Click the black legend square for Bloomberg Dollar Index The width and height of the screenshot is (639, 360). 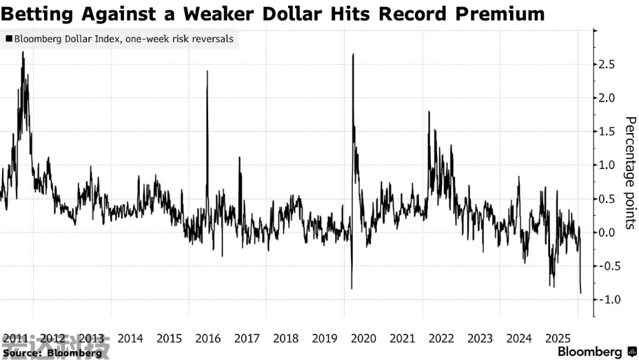pyautogui.click(x=8, y=39)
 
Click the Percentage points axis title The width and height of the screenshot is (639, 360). pyautogui.click(x=629, y=172)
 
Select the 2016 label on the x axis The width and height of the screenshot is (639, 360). pyautogui.click(x=208, y=339)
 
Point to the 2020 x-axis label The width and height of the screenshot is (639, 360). pyautogui.click(x=363, y=339)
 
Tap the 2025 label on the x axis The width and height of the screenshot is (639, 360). pyautogui.click(x=557, y=339)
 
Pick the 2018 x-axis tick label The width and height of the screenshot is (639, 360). pyautogui.click(x=286, y=339)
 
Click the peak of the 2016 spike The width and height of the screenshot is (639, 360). pyautogui.click(x=207, y=71)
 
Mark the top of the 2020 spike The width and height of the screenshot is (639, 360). pyautogui.click(x=353, y=54)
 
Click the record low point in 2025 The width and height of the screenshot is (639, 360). pyautogui.click(x=580, y=293)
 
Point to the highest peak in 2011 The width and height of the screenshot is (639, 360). pyautogui.click(x=23, y=52)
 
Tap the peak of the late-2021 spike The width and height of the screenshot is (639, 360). pyautogui.click(x=429, y=112)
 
